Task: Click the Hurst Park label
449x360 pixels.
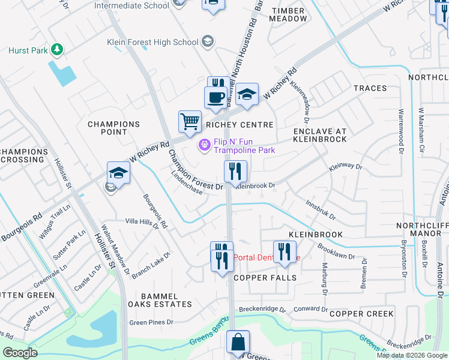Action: pyautogui.click(x=28, y=50)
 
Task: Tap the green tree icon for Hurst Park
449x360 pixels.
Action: pyautogui.click(x=57, y=49)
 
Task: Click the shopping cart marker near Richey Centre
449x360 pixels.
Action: pyautogui.click(x=190, y=122)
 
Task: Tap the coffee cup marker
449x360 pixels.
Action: pyautogui.click(x=215, y=97)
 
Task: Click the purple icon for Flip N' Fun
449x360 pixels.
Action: pyautogui.click(x=205, y=145)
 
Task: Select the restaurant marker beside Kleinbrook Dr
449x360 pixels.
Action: pyautogui.click(x=236, y=172)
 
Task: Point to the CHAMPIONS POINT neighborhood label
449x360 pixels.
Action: pyautogui.click(x=113, y=128)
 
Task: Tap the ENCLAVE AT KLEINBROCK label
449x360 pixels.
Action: pyautogui.click(x=320, y=134)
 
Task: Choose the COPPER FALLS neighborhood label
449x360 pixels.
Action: pyautogui.click(x=265, y=278)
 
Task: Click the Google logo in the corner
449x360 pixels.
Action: pyautogui.click(x=20, y=353)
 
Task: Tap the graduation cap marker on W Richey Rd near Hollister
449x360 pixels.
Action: pyautogui.click(x=118, y=173)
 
